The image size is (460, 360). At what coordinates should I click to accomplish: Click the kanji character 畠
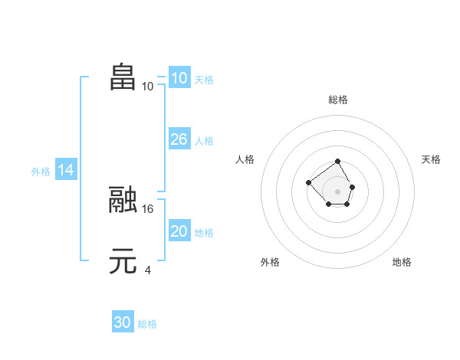123,77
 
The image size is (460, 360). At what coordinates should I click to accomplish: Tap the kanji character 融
123,200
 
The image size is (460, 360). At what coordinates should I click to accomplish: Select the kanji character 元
123,261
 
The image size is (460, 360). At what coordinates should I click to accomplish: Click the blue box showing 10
179,78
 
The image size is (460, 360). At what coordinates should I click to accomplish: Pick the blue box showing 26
179,139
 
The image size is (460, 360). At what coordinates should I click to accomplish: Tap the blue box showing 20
179,231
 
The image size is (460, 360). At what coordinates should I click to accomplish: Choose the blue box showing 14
66,170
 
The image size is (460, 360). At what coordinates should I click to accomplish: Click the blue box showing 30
123,323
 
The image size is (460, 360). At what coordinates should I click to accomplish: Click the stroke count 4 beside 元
147,270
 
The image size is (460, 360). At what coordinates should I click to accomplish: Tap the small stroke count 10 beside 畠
148,86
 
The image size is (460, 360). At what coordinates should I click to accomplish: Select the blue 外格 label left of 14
41,172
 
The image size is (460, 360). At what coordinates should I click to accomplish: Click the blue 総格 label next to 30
147,324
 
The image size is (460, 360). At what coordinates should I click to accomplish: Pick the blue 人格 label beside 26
204,141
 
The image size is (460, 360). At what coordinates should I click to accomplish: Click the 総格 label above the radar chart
338,100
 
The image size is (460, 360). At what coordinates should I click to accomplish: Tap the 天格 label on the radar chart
431,159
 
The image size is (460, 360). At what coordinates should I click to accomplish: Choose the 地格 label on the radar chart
402,262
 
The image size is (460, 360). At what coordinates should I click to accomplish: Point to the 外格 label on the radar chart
270,262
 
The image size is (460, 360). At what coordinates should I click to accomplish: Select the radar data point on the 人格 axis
308,182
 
